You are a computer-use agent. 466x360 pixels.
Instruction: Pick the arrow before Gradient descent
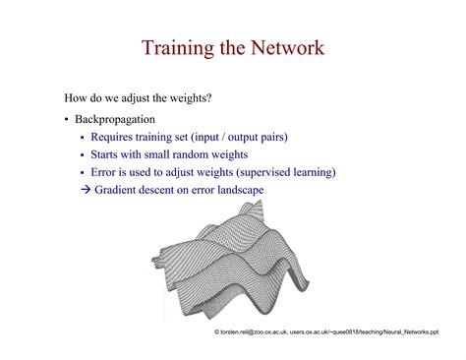[86, 190]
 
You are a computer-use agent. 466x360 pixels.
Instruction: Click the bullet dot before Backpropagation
[67, 120]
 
